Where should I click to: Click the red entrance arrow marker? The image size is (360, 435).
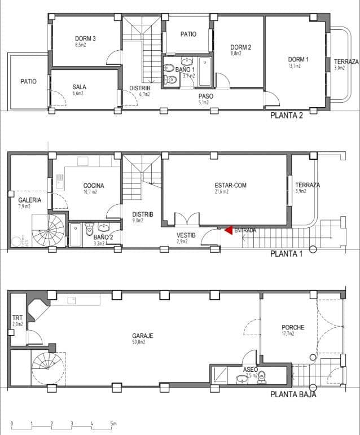pyautogui.click(x=228, y=230)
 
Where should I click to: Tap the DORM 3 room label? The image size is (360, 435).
pyautogui.click(x=85, y=38)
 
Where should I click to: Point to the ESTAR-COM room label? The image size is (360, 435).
pyautogui.click(x=230, y=185)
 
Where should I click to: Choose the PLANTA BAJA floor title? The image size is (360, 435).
pyautogui.click(x=293, y=394)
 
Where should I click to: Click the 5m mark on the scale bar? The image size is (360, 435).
pyautogui.click(x=113, y=423)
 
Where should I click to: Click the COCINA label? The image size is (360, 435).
pyautogui.click(x=94, y=186)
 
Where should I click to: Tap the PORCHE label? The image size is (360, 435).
pyautogui.click(x=293, y=327)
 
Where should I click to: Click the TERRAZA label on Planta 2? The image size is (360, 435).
pyautogui.click(x=346, y=61)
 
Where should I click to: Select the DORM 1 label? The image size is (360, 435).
pyautogui.click(x=298, y=59)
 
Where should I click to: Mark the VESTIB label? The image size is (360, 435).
pyautogui.click(x=186, y=235)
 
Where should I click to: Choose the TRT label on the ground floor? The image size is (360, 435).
pyautogui.click(x=17, y=318)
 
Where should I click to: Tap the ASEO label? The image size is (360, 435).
pyautogui.click(x=251, y=370)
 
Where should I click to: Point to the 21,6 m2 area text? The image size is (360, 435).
pyautogui.click(x=221, y=192)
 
